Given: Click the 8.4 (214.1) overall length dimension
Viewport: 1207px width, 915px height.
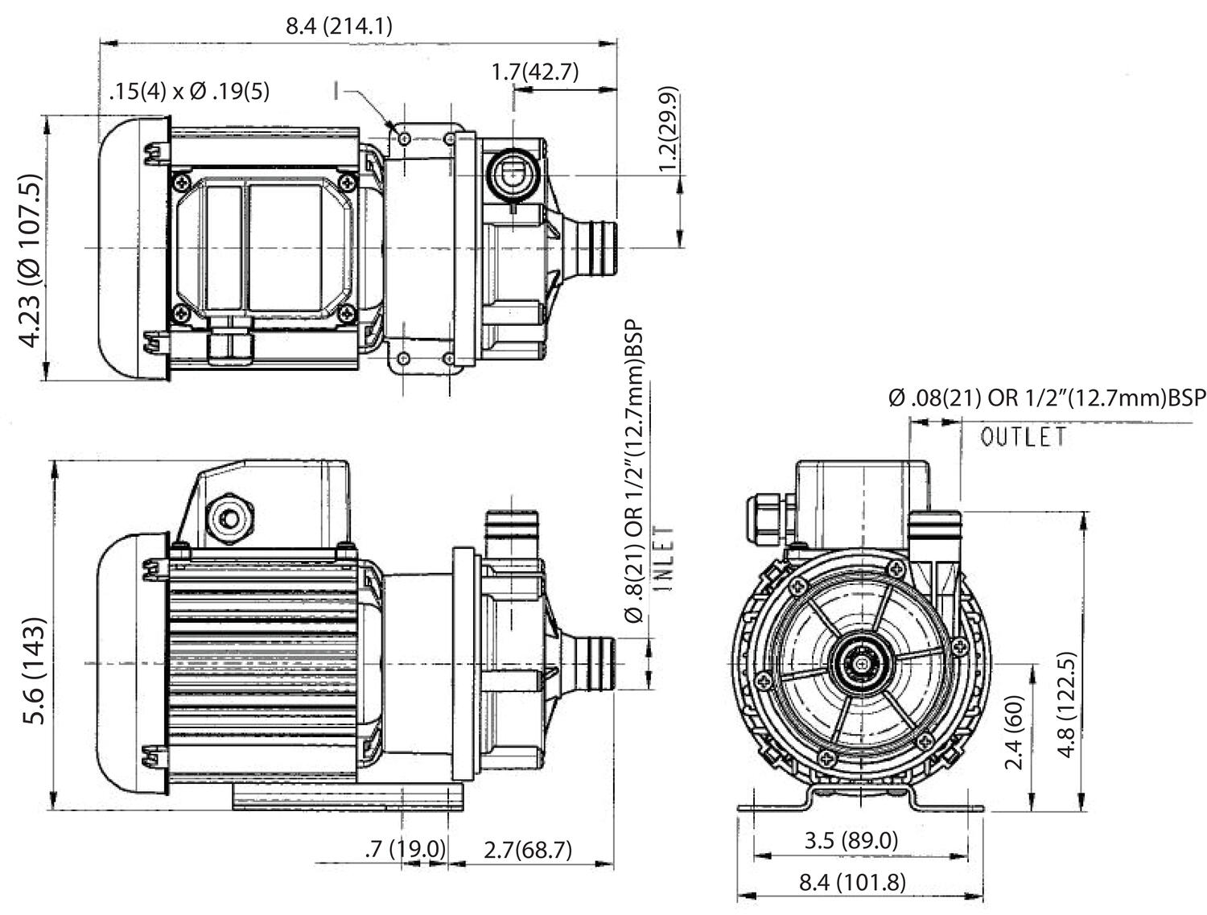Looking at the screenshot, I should (340, 26).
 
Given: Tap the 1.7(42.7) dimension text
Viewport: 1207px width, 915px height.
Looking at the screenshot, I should (535, 72).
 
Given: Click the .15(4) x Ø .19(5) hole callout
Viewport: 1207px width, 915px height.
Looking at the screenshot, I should (189, 92).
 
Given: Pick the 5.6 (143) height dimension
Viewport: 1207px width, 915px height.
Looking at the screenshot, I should (33, 670).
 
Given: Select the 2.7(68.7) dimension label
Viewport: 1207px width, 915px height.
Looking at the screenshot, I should (527, 848).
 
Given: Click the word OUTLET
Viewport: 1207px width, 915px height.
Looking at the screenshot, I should (1024, 437).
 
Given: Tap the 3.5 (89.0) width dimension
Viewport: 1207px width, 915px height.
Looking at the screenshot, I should (851, 840).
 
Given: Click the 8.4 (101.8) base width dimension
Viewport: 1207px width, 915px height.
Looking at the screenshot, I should (852, 882).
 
